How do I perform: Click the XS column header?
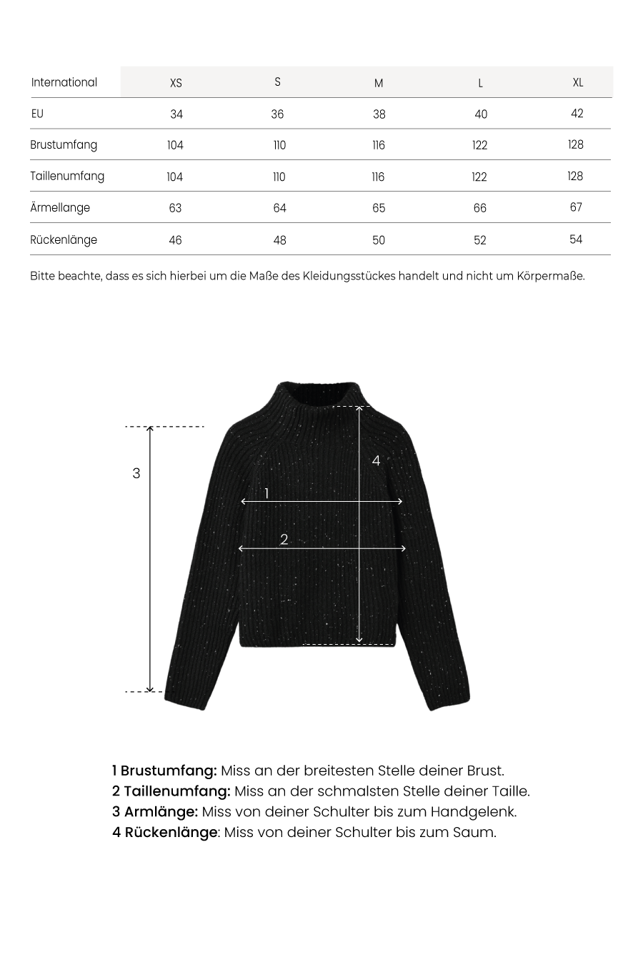coord(176,83)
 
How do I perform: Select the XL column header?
coord(578,82)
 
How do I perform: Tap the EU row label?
coord(37,114)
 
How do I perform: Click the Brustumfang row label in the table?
coord(64,145)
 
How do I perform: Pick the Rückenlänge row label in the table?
coord(64,239)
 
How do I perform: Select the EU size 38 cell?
coord(379,114)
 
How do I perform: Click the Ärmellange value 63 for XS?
coord(175,208)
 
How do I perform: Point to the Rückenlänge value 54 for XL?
coord(576,239)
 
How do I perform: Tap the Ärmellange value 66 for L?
coord(479,208)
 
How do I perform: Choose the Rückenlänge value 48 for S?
coord(279,240)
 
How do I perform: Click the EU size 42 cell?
coord(577,114)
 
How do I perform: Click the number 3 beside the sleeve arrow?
coord(136,473)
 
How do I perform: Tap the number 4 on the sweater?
coord(376,461)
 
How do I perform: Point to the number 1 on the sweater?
coord(266,493)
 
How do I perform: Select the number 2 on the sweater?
coord(284,540)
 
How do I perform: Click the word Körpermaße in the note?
coord(550,276)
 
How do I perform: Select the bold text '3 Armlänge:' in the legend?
coord(155,812)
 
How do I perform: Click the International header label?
coord(64,82)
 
